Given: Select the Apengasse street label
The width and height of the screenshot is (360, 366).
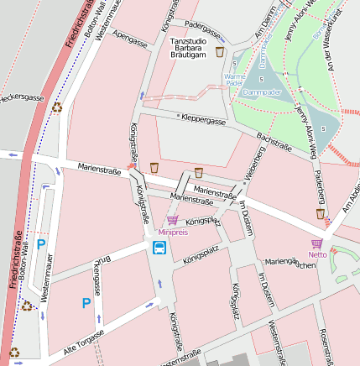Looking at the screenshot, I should pos(129,39).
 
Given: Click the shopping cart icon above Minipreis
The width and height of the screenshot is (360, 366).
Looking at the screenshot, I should pos(172,220).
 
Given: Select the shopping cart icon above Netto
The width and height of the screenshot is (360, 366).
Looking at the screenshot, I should pos(316,243).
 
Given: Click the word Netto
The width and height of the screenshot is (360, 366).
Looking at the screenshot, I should pos(317,254).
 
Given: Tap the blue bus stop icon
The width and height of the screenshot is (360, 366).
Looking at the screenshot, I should pos(159,247).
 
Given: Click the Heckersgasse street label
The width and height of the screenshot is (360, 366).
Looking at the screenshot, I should pos(22,98).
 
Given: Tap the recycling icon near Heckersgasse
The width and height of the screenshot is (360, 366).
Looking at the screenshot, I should pos(57,107).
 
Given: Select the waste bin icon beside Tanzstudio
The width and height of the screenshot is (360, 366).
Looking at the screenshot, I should pos(220,52).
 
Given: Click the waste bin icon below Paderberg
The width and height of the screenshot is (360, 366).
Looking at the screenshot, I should pos(320,214).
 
